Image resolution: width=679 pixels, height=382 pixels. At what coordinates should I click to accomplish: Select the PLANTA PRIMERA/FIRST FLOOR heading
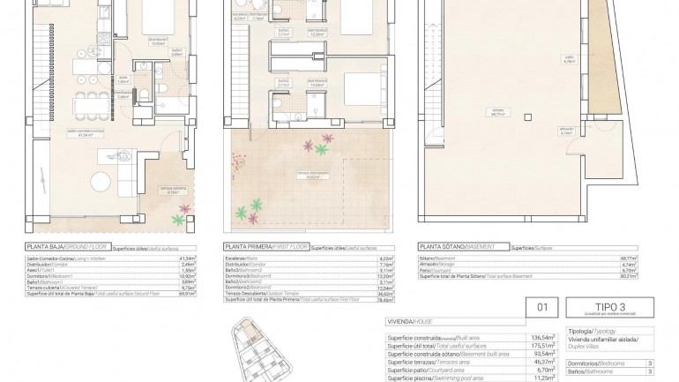pos(262,248)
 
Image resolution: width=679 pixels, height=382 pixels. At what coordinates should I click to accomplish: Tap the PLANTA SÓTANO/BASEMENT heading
pos(457,248)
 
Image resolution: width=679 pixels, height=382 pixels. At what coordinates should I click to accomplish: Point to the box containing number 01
pos(543,308)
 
